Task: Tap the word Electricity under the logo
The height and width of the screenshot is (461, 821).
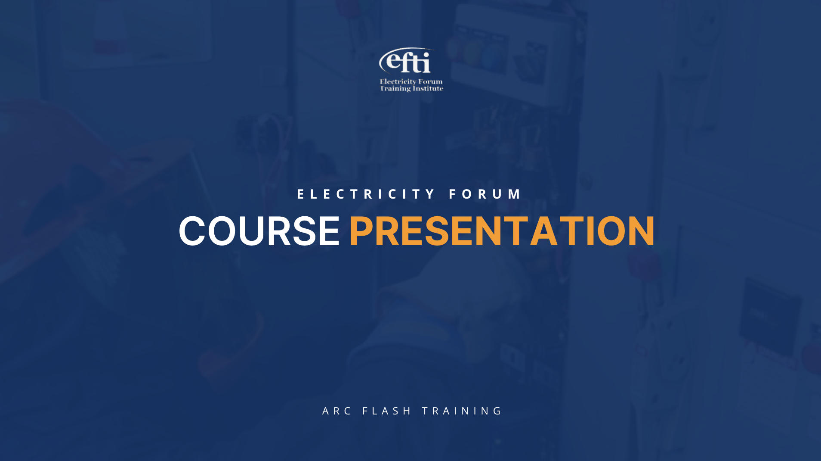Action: [x=398, y=81]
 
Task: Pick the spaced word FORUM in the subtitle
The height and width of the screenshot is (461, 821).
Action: [x=485, y=194]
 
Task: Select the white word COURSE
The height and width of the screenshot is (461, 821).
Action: [x=259, y=231]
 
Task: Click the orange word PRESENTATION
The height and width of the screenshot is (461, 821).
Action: [x=502, y=231]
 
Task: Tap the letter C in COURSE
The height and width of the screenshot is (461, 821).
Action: [x=192, y=231]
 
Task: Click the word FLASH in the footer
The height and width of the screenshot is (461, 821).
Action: [x=387, y=411]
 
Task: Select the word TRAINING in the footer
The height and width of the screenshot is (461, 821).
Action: [x=462, y=411]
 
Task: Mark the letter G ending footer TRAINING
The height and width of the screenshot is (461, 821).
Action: [x=498, y=411]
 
